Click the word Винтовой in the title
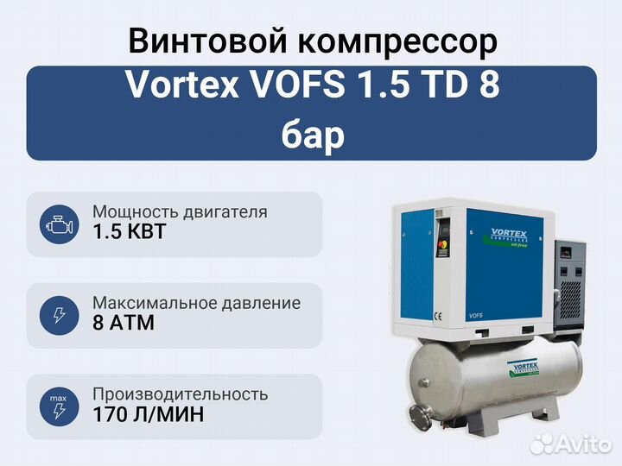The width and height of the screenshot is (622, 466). click(x=208, y=41)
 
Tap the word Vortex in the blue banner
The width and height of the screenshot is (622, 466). click(x=182, y=85)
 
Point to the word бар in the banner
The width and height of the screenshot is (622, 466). click(x=313, y=136)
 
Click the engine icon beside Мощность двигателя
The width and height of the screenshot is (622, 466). click(x=59, y=224)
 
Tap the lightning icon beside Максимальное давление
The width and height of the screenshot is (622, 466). click(x=59, y=316)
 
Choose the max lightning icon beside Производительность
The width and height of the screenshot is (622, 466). click(x=59, y=406)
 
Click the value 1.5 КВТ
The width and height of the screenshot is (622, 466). click(x=129, y=231)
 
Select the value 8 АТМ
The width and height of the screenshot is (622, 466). click(x=124, y=323)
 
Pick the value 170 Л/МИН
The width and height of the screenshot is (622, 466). click(x=149, y=414)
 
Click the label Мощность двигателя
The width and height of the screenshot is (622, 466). click(x=180, y=212)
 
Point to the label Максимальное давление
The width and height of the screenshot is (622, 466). click(x=196, y=303)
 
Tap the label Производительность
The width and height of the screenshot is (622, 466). click(x=180, y=394)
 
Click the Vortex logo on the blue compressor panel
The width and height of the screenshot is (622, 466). click(x=506, y=238)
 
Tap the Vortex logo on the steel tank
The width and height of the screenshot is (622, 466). click(x=524, y=368)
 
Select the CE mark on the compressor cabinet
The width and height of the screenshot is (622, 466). click(x=437, y=317)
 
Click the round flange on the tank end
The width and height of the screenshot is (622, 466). click(x=421, y=418)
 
